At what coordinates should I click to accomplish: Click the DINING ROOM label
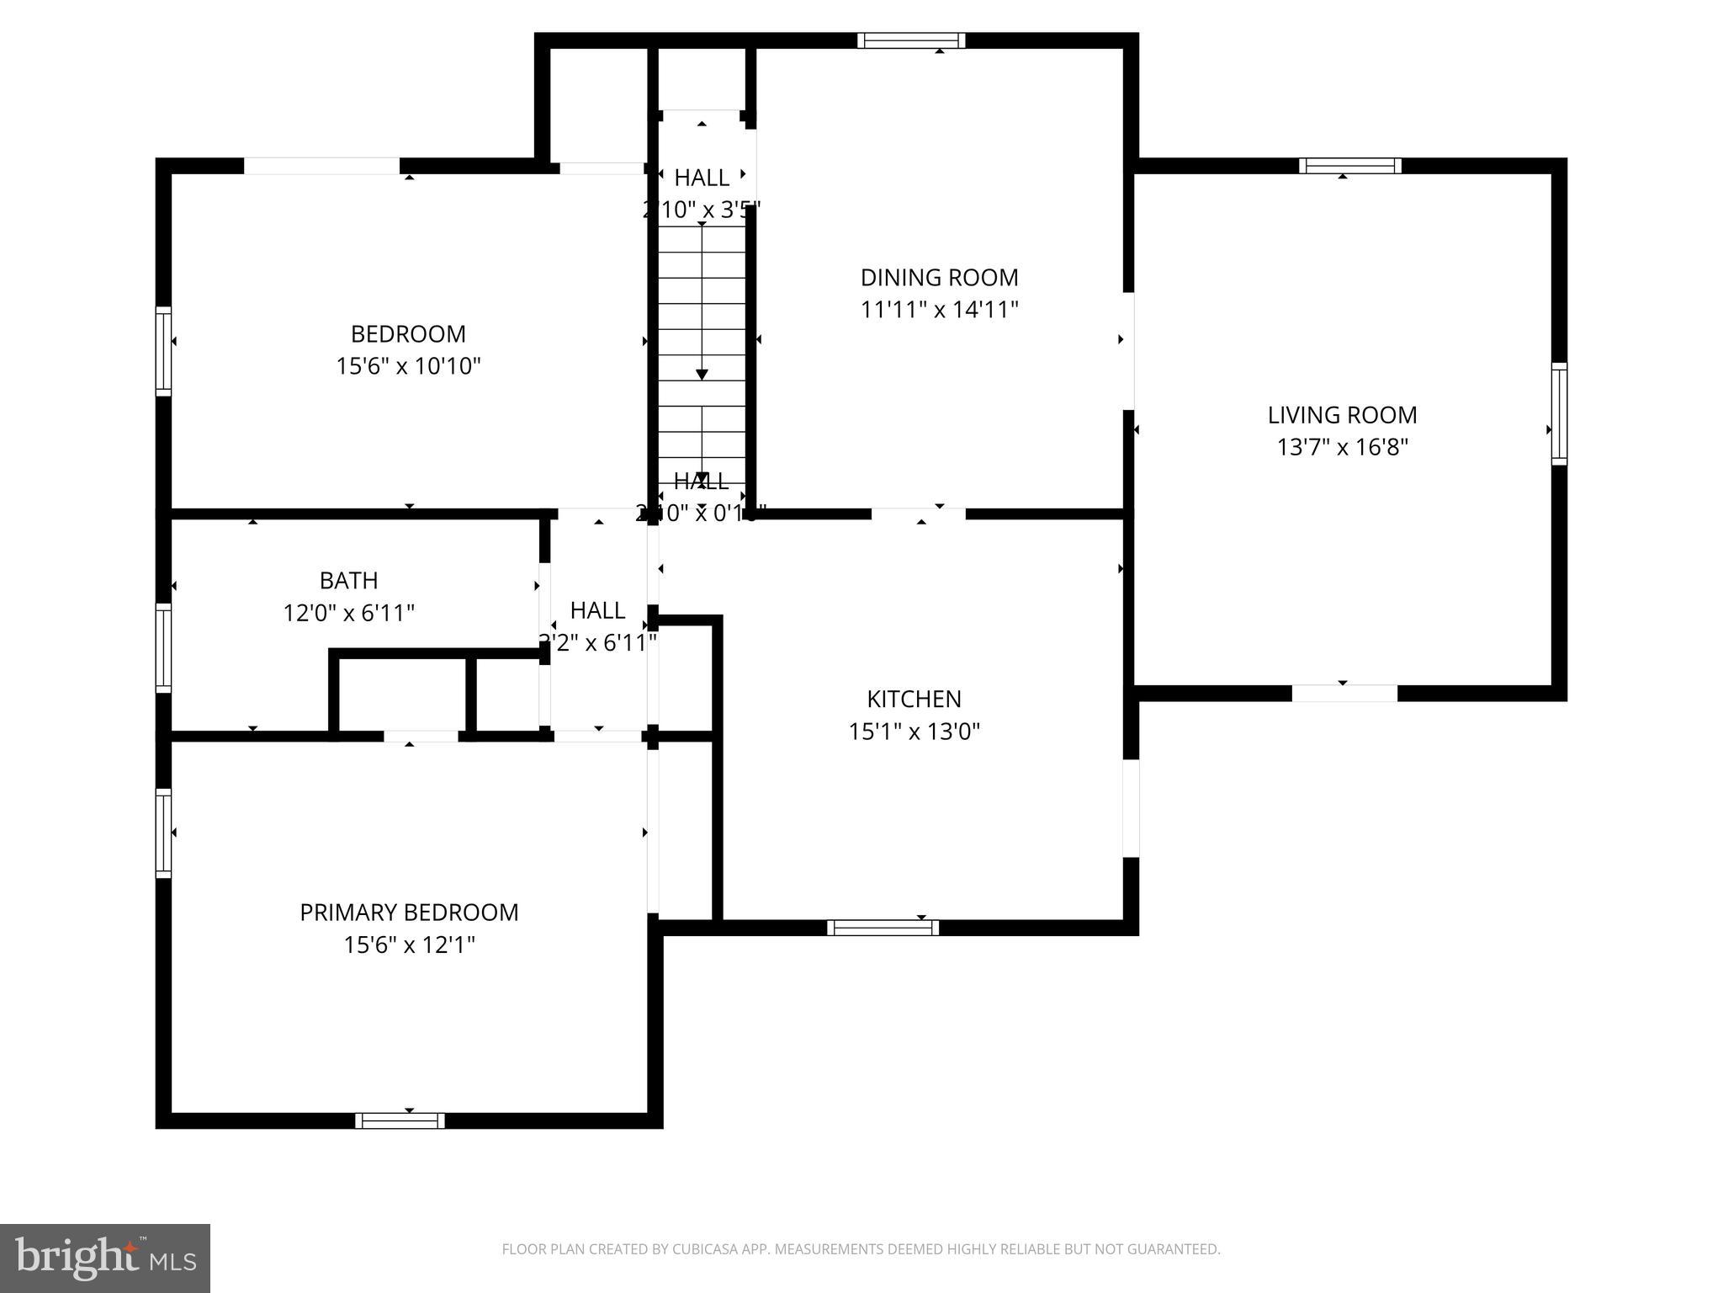(x=939, y=277)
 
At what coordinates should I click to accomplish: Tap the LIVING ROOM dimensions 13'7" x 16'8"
(x=1342, y=447)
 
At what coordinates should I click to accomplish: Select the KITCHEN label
(x=914, y=699)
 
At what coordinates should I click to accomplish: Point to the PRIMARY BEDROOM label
(x=409, y=913)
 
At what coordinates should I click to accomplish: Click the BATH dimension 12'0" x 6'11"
(x=348, y=613)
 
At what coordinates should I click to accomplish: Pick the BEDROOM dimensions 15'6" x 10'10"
(x=408, y=366)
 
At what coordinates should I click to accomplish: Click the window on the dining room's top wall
(x=911, y=40)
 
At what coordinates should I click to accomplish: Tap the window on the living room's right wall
(x=1559, y=413)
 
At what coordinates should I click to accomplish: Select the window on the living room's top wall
(x=1349, y=166)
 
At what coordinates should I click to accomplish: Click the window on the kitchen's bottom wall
(x=883, y=928)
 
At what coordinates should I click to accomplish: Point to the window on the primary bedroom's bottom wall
(x=400, y=1120)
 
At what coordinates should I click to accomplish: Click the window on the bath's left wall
(x=163, y=647)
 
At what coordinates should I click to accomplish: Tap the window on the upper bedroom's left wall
(x=163, y=351)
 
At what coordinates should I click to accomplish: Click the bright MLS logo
(x=104, y=1258)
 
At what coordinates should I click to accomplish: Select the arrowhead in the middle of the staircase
(x=702, y=375)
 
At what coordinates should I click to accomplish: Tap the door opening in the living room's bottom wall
(x=1344, y=694)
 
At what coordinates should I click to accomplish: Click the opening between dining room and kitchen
(x=918, y=513)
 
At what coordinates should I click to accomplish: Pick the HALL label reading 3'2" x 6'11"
(x=597, y=626)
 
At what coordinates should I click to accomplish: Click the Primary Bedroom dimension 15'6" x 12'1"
(x=409, y=945)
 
